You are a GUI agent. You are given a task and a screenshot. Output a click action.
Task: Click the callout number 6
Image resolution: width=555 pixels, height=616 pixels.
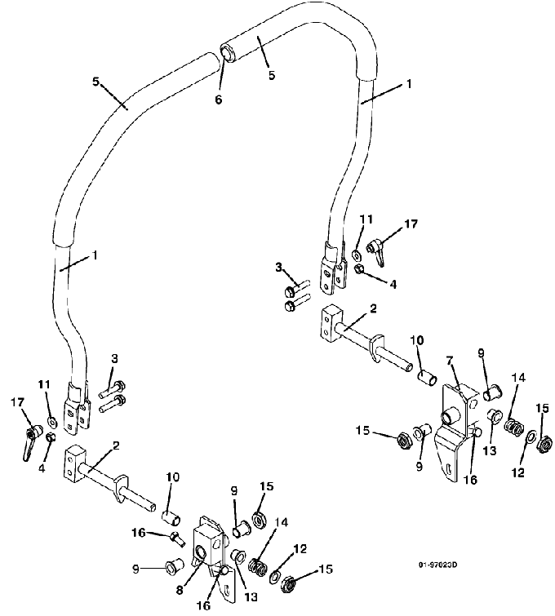coord(218,100)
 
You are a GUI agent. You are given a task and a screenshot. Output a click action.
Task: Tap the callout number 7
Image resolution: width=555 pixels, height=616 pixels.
coord(450,360)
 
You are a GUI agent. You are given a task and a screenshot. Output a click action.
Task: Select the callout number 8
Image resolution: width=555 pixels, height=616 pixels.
coord(180,590)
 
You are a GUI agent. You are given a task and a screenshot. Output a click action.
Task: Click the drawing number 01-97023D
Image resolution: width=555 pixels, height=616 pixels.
coord(437,565)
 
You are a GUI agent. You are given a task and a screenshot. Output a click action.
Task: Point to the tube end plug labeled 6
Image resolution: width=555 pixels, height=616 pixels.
coord(227,53)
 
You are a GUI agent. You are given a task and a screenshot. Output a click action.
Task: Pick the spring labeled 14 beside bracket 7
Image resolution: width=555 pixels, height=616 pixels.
coord(513,427)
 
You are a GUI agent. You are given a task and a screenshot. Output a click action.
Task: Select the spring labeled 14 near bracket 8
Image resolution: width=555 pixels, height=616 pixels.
coord(259,567)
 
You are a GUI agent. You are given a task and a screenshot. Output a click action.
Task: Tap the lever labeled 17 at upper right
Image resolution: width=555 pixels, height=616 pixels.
coord(376,250)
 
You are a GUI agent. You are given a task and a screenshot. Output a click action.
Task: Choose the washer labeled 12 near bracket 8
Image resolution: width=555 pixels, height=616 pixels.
coord(274,576)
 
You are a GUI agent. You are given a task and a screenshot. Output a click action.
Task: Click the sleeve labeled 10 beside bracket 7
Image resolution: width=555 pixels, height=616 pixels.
coord(427,379)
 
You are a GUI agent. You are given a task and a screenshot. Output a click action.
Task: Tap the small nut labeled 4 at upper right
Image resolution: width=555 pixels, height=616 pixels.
coord(358,269)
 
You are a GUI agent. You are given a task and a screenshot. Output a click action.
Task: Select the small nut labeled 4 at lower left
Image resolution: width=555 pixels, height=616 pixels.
coord(51,437)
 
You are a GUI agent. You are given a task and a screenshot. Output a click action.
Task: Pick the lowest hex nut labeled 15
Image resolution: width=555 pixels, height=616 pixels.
coord(289,584)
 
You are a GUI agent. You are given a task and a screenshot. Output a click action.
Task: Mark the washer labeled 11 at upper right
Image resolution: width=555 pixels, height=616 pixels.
coord(356,255)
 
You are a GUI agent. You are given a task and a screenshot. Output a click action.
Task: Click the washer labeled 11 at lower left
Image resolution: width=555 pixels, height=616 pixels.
coord(52,423)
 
